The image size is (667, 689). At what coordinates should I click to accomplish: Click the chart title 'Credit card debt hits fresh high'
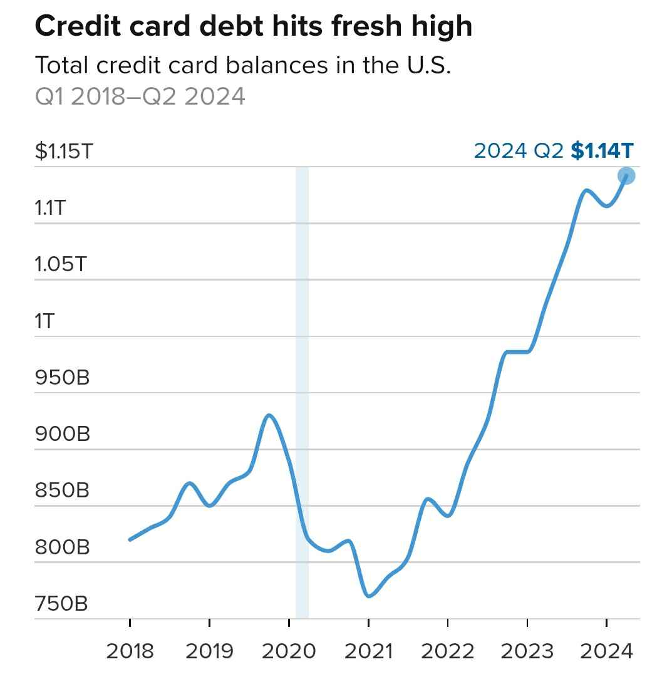coord(253,26)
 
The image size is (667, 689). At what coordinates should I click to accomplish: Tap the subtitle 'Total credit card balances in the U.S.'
coord(243,65)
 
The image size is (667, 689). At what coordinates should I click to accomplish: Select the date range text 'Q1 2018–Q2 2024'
coord(140,97)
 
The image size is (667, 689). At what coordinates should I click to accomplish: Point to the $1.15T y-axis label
coord(63,151)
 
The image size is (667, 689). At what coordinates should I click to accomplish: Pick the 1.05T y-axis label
coord(60,264)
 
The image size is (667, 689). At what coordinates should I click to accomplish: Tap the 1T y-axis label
coord(45,321)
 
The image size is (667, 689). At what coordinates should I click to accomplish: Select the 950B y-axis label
coord(62,378)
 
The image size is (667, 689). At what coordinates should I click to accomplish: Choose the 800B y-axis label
coord(62,547)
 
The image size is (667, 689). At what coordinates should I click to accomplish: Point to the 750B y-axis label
coord(61,604)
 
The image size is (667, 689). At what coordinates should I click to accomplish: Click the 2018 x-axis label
coord(130,651)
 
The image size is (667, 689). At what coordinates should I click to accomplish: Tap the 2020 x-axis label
coord(289,651)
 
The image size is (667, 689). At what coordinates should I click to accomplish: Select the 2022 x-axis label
coord(447,651)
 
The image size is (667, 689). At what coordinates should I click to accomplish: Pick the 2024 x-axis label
coord(606,651)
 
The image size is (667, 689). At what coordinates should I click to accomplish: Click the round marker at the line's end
coord(626,176)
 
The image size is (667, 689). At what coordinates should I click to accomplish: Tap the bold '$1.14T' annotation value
coord(602,151)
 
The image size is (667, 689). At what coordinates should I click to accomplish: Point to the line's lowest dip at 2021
coord(369,596)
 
